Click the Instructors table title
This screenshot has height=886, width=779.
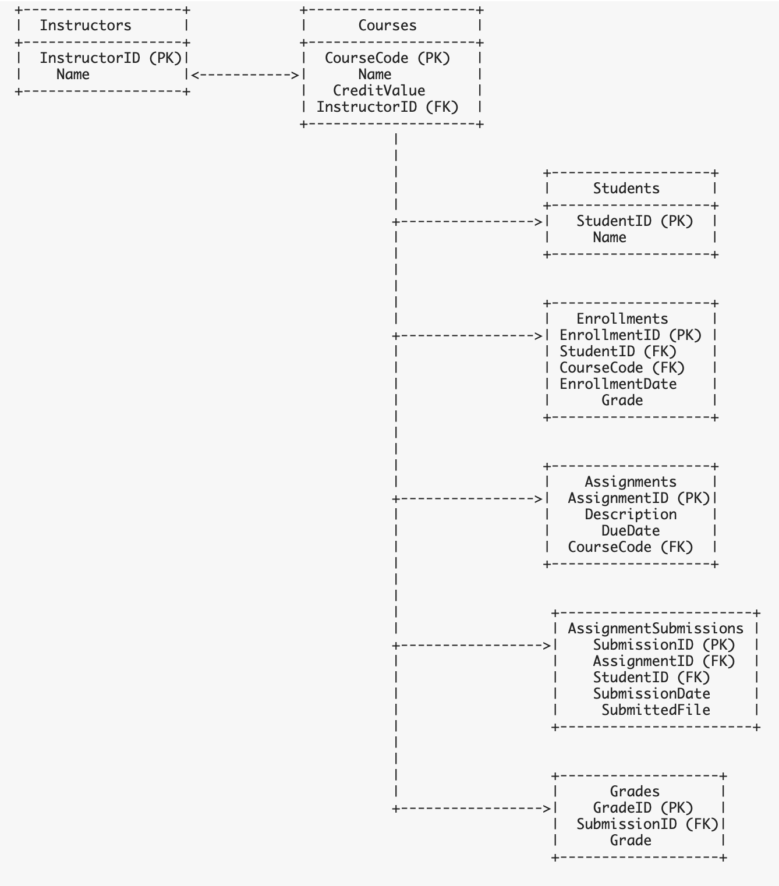click(x=86, y=26)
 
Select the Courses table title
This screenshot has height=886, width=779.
click(x=387, y=26)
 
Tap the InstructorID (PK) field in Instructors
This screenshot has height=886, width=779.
click(x=111, y=58)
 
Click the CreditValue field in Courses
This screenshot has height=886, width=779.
click(x=379, y=91)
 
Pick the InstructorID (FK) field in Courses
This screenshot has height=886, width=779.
click(x=387, y=107)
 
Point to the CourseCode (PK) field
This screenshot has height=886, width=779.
click(x=387, y=58)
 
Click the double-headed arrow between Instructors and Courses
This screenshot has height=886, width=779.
click(x=245, y=75)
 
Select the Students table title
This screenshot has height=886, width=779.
click(x=626, y=189)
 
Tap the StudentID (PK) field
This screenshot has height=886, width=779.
click(x=635, y=221)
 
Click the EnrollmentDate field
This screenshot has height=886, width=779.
click(x=618, y=384)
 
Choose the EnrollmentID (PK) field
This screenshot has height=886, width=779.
click(x=631, y=335)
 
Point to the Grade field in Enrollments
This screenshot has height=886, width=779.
click(x=622, y=401)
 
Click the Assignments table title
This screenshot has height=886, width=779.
click(x=631, y=482)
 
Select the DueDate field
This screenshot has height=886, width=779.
click(x=631, y=531)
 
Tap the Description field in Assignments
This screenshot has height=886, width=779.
click(x=631, y=515)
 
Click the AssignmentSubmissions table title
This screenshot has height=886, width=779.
click(x=656, y=629)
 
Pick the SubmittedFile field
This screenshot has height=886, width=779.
click(x=656, y=710)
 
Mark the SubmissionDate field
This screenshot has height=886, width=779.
click(x=651, y=694)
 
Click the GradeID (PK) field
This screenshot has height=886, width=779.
click(x=643, y=808)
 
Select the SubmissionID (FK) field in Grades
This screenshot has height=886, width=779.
click(x=647, y=824)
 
